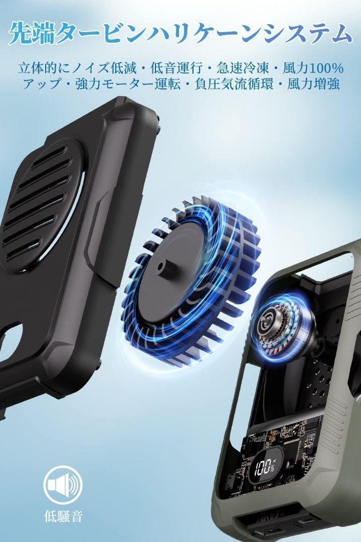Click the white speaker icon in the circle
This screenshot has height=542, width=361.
63,485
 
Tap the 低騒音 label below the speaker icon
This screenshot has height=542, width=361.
64,516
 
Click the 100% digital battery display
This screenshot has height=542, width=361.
265,468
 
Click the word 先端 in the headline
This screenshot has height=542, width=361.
32,34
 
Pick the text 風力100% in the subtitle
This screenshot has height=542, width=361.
313,68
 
